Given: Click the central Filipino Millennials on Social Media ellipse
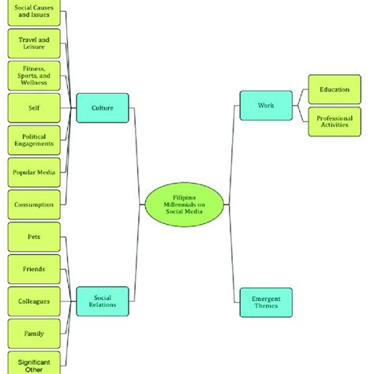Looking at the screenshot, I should coord(187,204).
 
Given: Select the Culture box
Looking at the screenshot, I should coord(103,107).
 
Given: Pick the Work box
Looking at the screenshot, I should coord(265,105).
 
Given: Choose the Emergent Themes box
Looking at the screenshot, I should coord(265,302).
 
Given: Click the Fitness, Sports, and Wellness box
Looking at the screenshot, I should coord(33,75).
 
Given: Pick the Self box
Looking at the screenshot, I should coord(33,107).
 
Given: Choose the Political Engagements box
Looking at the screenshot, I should coord(33,140).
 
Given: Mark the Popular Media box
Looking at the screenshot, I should coord(33,172).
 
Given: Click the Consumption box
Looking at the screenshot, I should coord(33,204).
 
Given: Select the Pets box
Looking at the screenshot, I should coord(33,237).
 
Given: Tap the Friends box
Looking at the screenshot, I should coord(33,269).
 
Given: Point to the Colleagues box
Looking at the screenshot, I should coord(33,301).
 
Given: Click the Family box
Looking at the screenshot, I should coord(33,334).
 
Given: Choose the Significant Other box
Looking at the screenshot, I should coord(33,363).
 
